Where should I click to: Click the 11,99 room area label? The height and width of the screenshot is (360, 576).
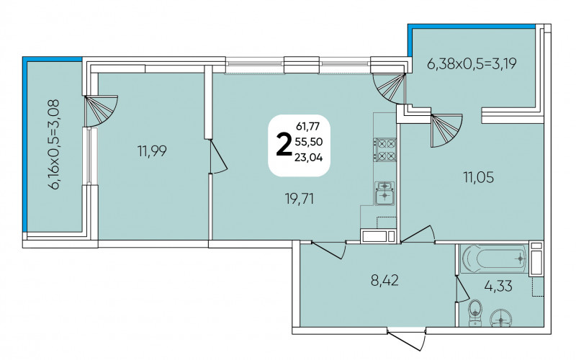152,150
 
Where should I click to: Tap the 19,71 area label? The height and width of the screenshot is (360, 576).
300,199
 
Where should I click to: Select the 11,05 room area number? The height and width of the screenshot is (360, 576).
478,177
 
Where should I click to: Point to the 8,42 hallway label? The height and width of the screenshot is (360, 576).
384,282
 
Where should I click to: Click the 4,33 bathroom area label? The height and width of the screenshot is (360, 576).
498,285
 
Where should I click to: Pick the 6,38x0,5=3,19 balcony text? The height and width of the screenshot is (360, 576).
472,64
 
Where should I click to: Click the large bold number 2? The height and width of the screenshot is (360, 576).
283,145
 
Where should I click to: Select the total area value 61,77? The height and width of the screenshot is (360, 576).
308,127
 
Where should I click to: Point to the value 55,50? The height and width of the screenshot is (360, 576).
309,142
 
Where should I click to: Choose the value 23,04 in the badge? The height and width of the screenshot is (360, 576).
309,158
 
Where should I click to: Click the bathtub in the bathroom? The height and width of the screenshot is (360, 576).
494,258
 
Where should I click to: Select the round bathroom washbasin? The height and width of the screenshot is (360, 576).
501,318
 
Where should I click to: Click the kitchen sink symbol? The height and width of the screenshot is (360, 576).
384,193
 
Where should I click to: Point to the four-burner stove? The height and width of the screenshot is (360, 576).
385,150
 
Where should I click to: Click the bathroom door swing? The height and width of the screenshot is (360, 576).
462,289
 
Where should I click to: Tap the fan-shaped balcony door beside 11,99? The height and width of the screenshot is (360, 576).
101,111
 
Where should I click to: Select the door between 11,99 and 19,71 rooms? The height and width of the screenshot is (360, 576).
218,156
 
